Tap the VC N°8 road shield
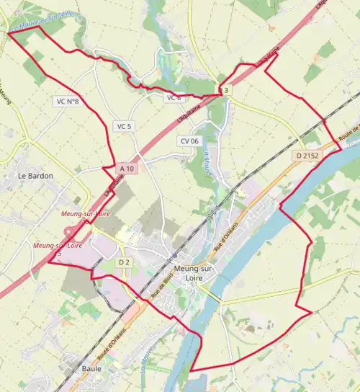pyautogui.click(x=66, y=102)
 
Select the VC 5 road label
pyautogui.click(x=125, y=126)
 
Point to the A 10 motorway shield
pyautogui.click(x=127, y=169)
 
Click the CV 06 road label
pyautogui.click(x=189, y=141)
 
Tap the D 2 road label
pyautogui.click(x=123, y=262)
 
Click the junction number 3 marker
pyautogui.click(x=226, y=90)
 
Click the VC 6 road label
pyautogui.click(x=174, y=98)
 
